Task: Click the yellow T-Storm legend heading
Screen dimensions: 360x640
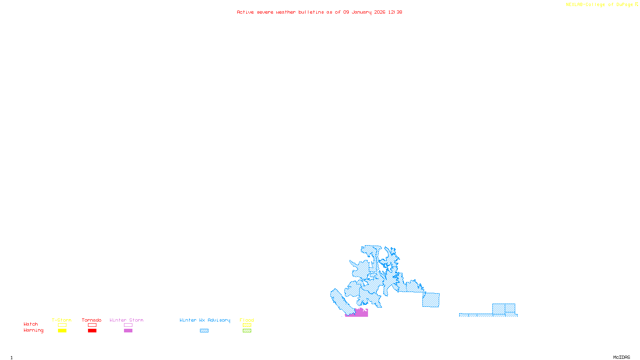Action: click(62, 320)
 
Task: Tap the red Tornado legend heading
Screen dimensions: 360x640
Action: click(92, 320)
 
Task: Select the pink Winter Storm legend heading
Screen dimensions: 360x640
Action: click(126, 320)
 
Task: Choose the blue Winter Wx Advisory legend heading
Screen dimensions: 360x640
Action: click(205, 320)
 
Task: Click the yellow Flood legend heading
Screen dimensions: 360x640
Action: click(247, 320)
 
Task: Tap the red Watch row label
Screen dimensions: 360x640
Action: click(31, 324)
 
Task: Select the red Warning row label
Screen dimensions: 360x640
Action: click(34, 330)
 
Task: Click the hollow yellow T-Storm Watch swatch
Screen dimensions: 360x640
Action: click(62, 325)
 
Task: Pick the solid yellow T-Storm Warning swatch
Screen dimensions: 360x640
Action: click(62, 331)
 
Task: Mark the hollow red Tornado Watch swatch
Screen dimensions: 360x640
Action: click(92, 325)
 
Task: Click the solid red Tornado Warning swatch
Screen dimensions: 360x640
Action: click(92, 331)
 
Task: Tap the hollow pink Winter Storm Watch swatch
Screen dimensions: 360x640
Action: click(128, 325)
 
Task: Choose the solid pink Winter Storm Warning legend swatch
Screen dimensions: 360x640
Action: click(128, 331)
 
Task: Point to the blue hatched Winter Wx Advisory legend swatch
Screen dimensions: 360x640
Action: click(204, 331)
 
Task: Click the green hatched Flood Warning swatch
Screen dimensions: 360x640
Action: click(247, 331)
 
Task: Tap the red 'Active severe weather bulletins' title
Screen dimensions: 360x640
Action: click(319, 12)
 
